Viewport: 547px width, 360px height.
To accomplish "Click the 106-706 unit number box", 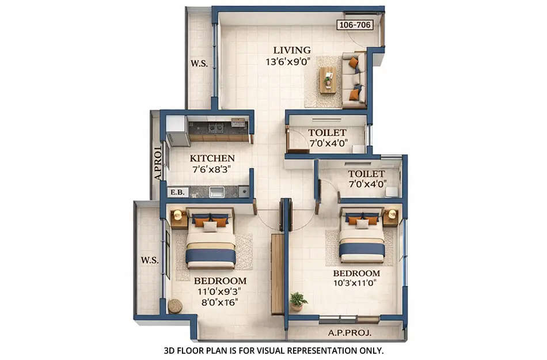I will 355,25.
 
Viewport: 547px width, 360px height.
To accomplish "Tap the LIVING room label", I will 292,50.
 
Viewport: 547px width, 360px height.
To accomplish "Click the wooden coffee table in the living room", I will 327,79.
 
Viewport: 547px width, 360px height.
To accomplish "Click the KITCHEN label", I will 212,158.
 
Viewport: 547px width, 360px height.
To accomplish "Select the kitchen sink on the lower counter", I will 216,192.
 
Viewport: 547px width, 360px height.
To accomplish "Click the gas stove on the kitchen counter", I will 216,128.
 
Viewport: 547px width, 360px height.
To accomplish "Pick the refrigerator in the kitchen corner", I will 177,131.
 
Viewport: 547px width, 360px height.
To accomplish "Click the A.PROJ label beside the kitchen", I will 157,164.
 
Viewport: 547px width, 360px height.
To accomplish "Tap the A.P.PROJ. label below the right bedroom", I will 350,333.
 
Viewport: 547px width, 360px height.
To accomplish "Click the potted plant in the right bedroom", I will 298,300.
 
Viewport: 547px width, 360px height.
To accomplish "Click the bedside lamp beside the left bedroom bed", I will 177,215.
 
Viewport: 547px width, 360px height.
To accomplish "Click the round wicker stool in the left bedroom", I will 175,306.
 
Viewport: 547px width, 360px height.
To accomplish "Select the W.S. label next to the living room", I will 199,64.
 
